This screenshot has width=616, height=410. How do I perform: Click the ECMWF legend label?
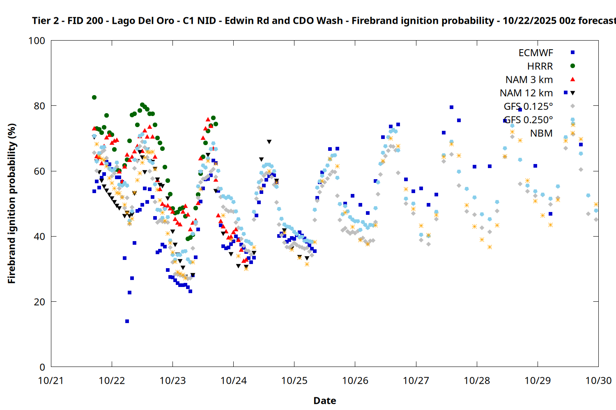(x=536, y=53)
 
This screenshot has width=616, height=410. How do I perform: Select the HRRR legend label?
(x=540, y=66)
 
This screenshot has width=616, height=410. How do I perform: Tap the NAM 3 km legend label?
(x=529, y=80)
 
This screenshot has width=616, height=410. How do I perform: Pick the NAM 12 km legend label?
(x=526, y=93)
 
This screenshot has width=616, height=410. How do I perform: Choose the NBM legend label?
(x=541, y=133)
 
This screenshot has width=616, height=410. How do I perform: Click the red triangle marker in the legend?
(x=572, y=80)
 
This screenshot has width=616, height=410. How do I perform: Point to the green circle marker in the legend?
(x=572, y=66)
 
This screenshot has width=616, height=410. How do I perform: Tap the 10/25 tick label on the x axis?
(x=294, y=380)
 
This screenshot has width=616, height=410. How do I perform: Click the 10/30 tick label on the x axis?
(x=598, y=380)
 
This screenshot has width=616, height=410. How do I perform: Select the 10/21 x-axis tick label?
(x=51, y=380)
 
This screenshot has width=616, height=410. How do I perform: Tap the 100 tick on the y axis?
(x=37, y=41)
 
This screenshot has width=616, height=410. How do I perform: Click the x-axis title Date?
(x=324, y=401)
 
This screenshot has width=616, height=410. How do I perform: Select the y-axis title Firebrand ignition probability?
(x=12, y=203)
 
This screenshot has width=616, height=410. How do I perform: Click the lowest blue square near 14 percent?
(x=127, y=321)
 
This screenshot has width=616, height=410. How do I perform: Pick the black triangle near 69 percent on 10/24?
(x=269, y=142)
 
